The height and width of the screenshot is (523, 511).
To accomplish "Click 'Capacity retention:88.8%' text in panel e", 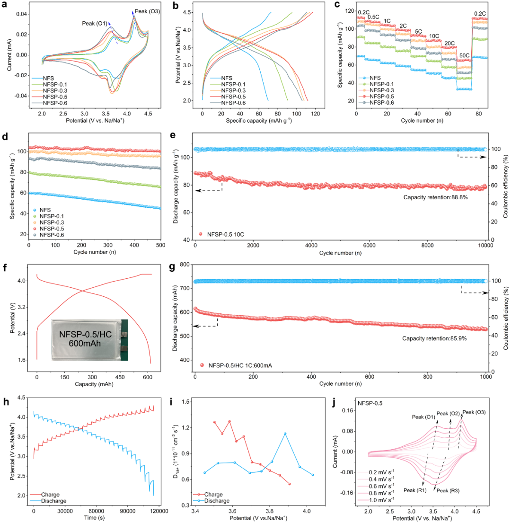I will (x=435, y=197).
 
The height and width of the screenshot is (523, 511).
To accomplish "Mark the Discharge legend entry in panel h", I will (x=53, y=500).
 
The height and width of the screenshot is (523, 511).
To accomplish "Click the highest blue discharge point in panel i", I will (x=285, y=433).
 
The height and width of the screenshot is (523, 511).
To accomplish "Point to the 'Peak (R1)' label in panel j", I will (x=415, y=490).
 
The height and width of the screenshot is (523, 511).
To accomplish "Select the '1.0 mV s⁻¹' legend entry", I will (x=388, y=501).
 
